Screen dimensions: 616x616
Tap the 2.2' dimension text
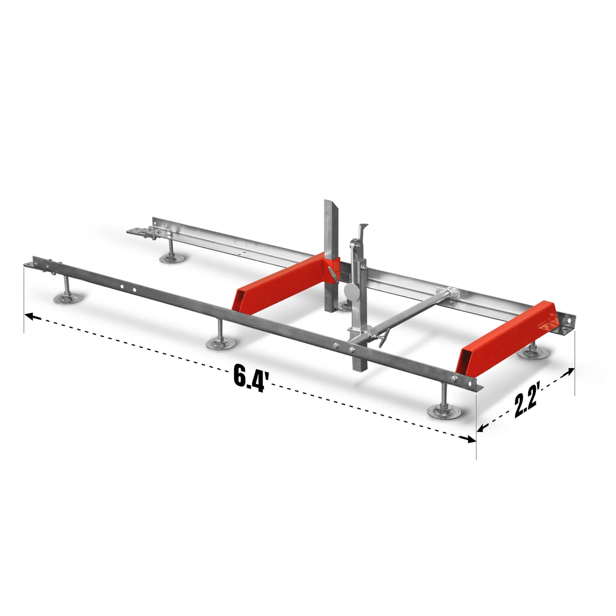(526, 403)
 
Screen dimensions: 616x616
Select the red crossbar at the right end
(508, 339)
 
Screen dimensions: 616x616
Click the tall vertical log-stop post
(329, 246)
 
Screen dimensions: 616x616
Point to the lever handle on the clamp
(382, 339)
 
